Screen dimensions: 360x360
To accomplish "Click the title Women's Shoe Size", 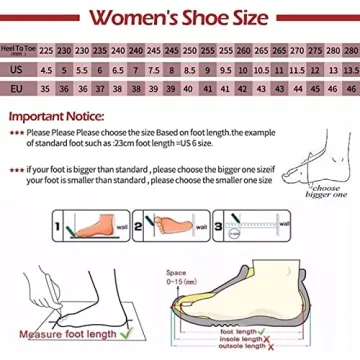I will [180, 17].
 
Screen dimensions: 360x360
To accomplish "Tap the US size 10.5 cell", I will [261, 70].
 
